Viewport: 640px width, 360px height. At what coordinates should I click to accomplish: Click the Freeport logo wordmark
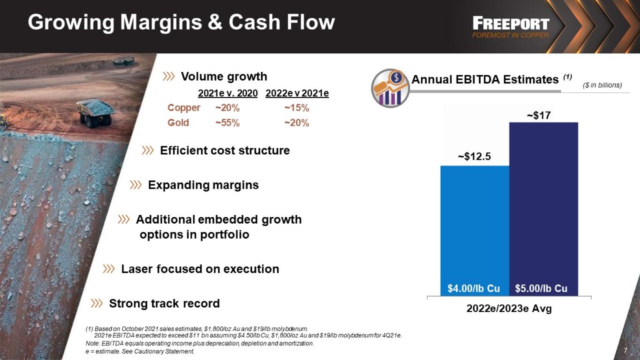click(511, 24)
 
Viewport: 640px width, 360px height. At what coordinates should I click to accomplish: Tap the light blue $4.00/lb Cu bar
click(475, 231)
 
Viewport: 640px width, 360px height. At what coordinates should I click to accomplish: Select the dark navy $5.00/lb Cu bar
click(544, 209)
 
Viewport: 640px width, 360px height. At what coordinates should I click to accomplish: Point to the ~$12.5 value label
click(474, 157)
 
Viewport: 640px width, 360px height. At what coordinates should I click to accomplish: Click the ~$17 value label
click(539, 115)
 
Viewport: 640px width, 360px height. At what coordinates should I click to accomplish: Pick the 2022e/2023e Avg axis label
click(509, 308)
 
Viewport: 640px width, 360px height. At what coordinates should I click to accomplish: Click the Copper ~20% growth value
click(227, 108)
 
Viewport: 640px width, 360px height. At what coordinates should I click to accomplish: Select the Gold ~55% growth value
click(227, 123)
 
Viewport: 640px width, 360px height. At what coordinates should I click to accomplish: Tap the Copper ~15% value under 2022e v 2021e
click(297, 108)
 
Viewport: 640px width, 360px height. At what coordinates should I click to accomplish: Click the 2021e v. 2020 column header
click(228, 93)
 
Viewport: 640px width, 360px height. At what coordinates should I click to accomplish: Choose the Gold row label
click(178, 122)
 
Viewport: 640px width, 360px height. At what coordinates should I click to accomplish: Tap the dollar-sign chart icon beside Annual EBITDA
click(390, 88)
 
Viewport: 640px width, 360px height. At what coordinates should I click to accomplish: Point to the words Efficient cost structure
click(225, 150)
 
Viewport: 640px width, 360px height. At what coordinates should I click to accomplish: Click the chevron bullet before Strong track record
click(97, 303)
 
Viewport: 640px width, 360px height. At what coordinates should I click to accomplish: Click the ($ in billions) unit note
click(602, 85)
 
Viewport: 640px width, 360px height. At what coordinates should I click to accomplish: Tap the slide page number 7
click(625, 350)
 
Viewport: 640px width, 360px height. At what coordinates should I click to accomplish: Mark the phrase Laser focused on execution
click(200, 269)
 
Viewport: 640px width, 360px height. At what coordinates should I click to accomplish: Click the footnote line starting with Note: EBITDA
click(200, 344)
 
